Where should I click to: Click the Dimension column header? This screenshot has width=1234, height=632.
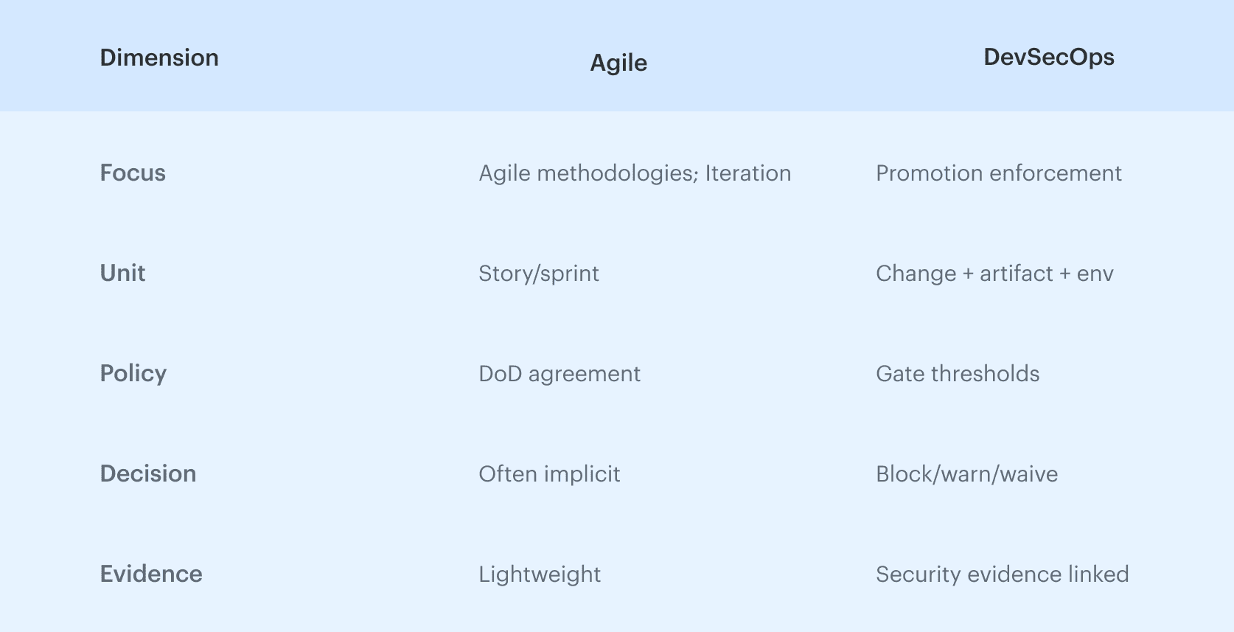click(x=159, y=58)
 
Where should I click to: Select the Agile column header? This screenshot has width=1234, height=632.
click(x=618, y=63)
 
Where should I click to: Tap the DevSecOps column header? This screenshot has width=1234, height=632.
click(x=1048, y=57)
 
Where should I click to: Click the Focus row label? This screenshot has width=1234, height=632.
click(x=133, y=173)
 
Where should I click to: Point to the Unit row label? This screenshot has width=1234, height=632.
click(x=122, y=273)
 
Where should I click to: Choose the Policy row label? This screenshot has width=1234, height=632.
click(x=133, y=373)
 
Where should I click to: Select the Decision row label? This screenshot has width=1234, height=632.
click(x=148, y=473)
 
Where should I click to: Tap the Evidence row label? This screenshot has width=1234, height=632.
click(x=151, y=574)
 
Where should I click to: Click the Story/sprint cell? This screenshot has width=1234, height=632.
click(x=539, y=273)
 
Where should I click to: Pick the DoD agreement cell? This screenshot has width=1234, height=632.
click(x=560, y=373)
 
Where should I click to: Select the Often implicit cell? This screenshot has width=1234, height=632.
click(x=549, y=473)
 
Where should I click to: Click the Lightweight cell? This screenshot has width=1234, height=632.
click(x=540, y=574)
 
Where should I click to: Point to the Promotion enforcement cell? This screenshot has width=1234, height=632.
click(x=998, y=173)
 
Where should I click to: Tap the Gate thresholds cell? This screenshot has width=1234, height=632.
click(x=958, y=373)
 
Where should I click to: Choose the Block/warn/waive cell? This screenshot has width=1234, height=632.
click(x=966, y=473)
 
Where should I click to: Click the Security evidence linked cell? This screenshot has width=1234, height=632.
click(x=1002, y=574)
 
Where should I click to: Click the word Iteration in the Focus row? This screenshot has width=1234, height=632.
click(x=747, y=173)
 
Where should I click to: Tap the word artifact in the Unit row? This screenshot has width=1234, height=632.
click(x=1016, y=273)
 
